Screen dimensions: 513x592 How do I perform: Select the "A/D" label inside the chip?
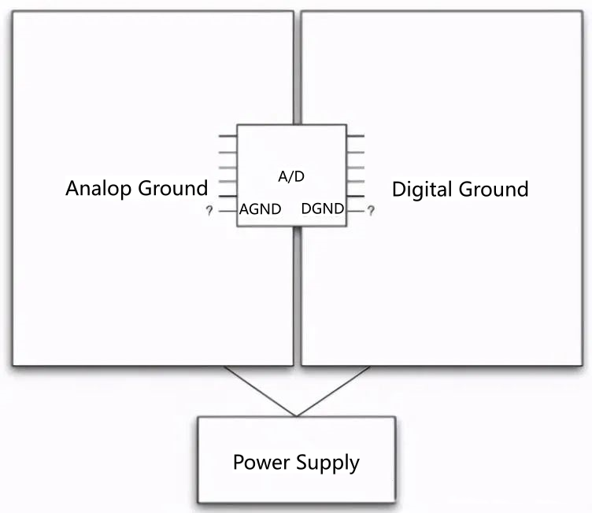coord(291,176)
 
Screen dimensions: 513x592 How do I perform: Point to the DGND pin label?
coord(323,209)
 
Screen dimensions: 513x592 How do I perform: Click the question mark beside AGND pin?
coord(209,211)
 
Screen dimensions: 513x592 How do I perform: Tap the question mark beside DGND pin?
coord(371,211)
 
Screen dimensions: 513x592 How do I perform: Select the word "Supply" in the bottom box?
coord(327,463)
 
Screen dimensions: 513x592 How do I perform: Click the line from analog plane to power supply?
coord(260,392)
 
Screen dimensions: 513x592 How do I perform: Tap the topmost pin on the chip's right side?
coord(355,135)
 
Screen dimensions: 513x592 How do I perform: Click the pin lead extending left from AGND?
coord(228,210)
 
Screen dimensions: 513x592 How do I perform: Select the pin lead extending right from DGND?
coord(355,210)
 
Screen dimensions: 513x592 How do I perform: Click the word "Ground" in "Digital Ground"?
coord(494,190)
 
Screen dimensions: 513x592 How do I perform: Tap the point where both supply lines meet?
coord(296,416)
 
